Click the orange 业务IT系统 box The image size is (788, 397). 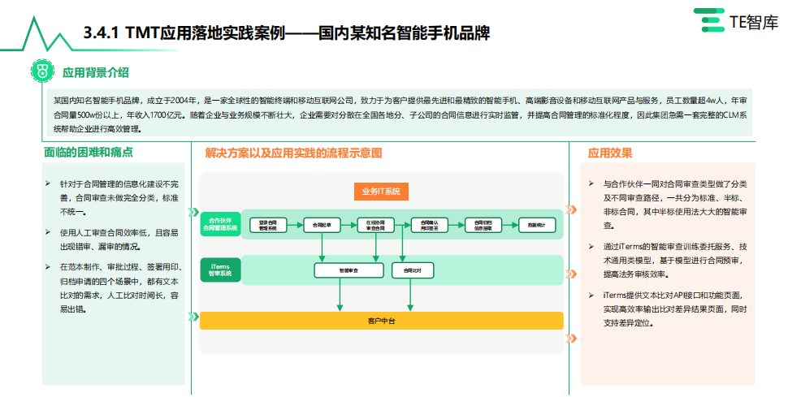click(381, 192)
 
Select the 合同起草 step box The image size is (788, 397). click(322, 225)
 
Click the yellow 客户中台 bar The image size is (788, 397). click(381, 321)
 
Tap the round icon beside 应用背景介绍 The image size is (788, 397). click(42, 72)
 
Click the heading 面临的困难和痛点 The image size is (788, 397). click(89, 153)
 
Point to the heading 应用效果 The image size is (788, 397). click(610, 153)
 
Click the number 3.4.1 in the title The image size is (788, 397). click(102, 33)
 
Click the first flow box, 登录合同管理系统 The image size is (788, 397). click(268, 225)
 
